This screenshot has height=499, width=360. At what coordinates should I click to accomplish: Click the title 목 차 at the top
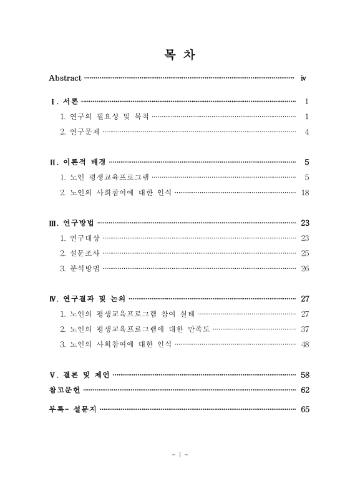(x=180, y=56)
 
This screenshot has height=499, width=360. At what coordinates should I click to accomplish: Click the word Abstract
(x=65, y=78)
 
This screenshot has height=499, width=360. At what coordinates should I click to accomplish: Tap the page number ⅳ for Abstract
(x=304, y=79)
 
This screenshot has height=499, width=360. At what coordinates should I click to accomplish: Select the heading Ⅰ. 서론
(x=64, y=101)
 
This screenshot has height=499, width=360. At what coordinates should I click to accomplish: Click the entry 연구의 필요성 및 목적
(x=104, y=117)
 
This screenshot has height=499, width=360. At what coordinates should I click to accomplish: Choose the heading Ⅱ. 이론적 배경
(x=77, y=162)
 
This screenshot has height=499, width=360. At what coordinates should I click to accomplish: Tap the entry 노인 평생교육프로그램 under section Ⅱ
(x=104, y=178)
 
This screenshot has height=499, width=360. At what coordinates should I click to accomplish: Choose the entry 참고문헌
(x=64, y=390)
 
